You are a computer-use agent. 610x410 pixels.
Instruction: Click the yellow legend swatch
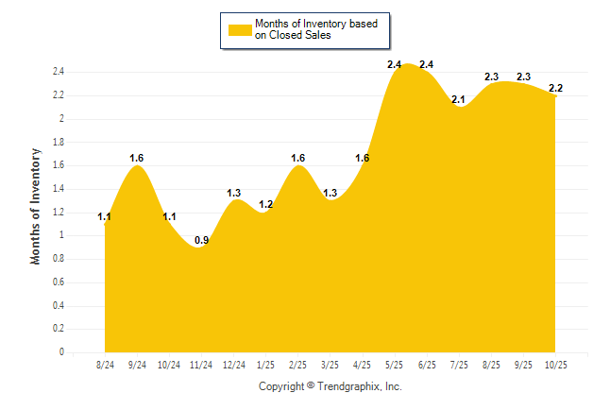(x=240, y=29)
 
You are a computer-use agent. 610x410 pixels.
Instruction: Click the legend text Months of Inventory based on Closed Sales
(x=310, y=29)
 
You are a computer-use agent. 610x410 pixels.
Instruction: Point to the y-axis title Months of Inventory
(x=36, y=205)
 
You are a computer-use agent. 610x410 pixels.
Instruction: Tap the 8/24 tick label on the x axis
(x=106, y=365)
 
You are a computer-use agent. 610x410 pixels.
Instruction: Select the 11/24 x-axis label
(x=202, y=365)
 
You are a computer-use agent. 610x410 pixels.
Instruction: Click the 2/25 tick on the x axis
(x=298, y=365)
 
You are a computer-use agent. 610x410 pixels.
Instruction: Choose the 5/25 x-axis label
(x=395, y=365)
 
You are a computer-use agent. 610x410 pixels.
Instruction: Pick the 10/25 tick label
(x=555, y=365)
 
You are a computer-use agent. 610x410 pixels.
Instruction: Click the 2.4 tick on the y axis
(x=59, y=72)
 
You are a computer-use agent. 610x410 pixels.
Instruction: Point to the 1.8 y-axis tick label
(x=59, y=142)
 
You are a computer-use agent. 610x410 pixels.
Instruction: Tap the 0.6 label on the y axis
(x=59, y=282)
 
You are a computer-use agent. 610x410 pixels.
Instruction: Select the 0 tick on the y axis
(x=61, y=352)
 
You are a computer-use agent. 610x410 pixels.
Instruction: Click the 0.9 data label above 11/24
(x=202, y=241)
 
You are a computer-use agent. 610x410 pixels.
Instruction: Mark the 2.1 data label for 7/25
(x=459, y=99)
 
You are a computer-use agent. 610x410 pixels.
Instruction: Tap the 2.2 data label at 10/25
(x=555, y=88)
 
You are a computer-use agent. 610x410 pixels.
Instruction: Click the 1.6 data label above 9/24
(x=137, y=158)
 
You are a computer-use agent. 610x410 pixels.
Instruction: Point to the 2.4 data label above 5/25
(x=395, y=64)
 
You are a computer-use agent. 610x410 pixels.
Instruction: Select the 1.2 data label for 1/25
(x=266, y=205)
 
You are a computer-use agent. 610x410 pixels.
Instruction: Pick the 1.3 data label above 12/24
(x=234, y=193)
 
